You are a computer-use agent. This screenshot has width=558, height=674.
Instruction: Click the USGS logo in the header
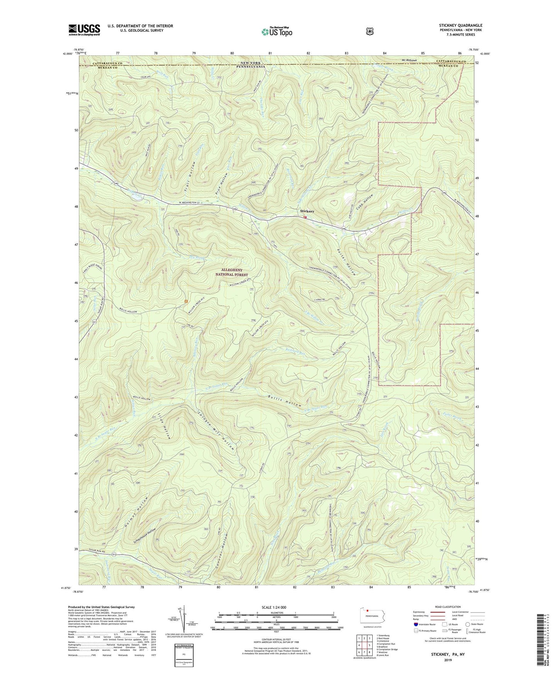click(84, 29)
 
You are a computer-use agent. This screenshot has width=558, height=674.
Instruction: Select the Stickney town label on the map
click(307, 211)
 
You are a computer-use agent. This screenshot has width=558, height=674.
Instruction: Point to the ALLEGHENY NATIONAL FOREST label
click(232, 272)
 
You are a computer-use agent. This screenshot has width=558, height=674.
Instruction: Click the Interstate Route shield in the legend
click(416, 624)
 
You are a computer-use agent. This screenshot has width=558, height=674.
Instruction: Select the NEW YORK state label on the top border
click(251, 63)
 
